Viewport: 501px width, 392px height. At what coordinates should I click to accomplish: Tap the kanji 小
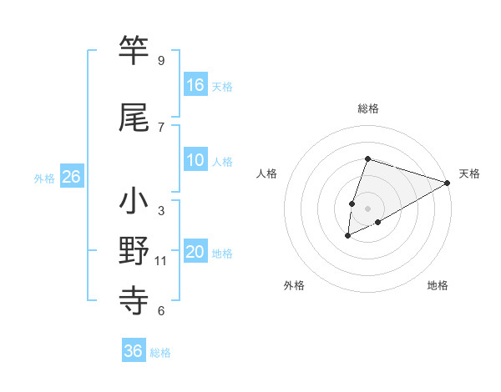[134, 203]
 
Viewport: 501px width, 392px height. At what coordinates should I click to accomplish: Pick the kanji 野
[134, 250]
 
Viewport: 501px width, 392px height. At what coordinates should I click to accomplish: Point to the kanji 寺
[134, 299]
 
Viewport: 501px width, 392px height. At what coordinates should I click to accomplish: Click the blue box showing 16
[195, 85]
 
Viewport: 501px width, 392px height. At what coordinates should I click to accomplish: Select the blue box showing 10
[195, 161]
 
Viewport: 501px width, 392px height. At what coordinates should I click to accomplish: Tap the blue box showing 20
[195, 253]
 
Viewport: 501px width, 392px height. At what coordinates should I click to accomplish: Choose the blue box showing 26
[71, 177]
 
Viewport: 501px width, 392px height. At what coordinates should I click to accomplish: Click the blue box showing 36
[134, 351]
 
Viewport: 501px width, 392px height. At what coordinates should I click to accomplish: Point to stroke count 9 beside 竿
[160, 61]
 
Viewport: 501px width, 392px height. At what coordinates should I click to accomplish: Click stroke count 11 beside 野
[160, 261]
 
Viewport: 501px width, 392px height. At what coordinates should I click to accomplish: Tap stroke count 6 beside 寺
[160, 311]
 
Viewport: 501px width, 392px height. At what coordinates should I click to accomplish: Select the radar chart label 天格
[469, 173]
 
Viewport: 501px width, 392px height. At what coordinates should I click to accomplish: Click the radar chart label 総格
[368, 108]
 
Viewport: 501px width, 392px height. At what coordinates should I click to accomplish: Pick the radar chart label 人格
[267, 173]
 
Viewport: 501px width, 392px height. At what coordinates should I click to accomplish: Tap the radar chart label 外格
[294, 286]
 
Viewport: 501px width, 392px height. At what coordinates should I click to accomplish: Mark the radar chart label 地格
[438, 286]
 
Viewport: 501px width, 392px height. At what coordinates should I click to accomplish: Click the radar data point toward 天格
[448, 183]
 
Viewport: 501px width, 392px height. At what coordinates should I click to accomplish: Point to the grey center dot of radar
[367, 208]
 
